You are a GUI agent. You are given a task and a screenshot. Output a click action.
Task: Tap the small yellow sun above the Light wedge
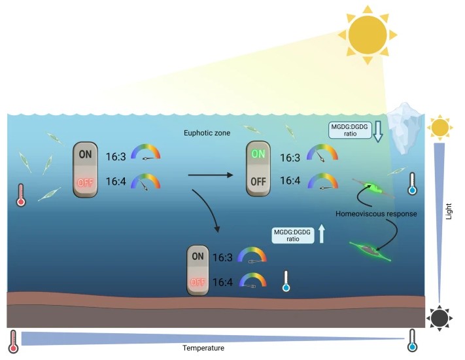pyautogui.click(x=439, y=127)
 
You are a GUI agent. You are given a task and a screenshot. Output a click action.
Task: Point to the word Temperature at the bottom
pyautogui.click(x=203, y=348)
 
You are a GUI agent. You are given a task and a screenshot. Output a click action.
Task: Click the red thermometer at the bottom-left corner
pyautogui.click(x=13, y=340)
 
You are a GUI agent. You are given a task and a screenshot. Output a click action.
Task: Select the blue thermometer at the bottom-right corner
pyautogui.click(x=412, y=340)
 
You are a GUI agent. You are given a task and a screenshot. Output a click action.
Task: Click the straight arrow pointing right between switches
pyautogui.click(x=209, y=175)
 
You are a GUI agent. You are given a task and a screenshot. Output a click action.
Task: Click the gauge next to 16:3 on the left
pyautogui.click(x=145, y=153)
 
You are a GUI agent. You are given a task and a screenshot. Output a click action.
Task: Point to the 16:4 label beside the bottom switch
pyautogui.click(x=222, y=282)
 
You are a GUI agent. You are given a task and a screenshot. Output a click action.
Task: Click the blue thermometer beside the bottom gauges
pyautogui.click(x=285, y=281)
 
